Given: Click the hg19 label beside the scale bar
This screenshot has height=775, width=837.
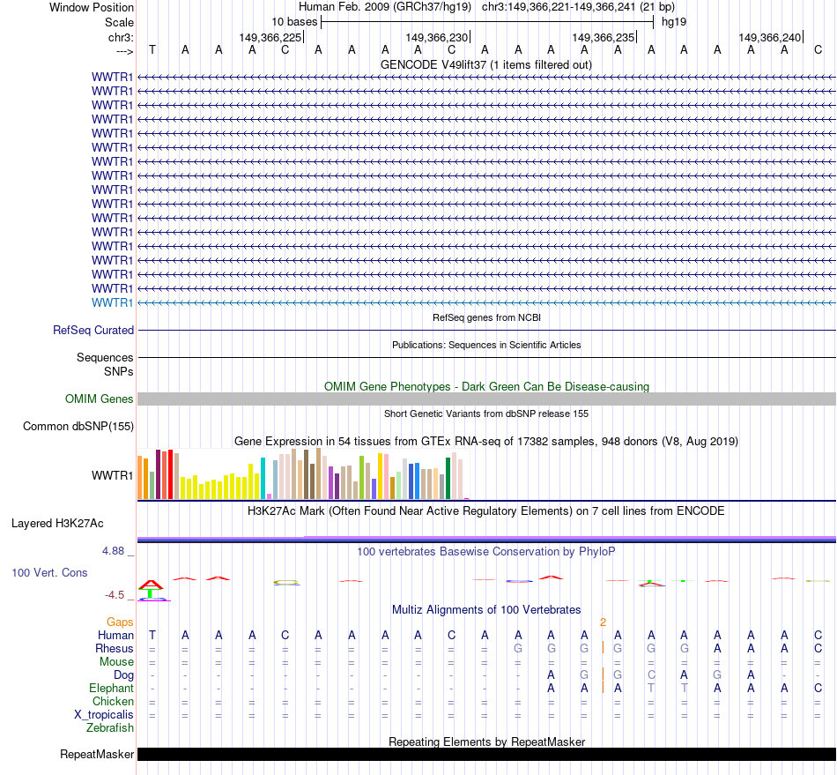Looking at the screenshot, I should [674, 21].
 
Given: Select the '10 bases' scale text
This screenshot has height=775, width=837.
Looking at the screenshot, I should [294, 21].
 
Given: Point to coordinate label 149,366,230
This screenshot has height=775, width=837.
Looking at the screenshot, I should [436, 37].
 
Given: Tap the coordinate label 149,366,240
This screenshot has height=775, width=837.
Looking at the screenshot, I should [770, 37].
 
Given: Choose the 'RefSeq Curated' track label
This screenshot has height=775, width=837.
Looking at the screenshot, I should [93, 331].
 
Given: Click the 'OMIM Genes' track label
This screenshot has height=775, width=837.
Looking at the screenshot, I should [100, 399].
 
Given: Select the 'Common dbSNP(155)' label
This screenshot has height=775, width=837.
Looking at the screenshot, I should [78, 427].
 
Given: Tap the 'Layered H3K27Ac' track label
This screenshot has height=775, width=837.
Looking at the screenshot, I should [57, 523].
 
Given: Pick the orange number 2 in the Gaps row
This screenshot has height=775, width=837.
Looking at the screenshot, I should [603, 622].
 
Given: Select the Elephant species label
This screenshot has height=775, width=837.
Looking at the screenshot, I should [111, 688].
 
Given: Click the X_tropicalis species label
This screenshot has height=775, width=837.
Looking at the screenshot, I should [104, 714].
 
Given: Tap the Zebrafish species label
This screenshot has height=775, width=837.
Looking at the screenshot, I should [110, 727].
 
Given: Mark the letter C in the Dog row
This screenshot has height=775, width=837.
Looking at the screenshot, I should [651, 674].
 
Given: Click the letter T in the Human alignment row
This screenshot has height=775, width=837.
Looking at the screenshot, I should [152, 635].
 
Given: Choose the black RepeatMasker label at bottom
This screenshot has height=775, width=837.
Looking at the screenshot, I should [97, 754].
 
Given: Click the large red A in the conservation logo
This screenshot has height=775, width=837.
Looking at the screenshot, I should [152, 584].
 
